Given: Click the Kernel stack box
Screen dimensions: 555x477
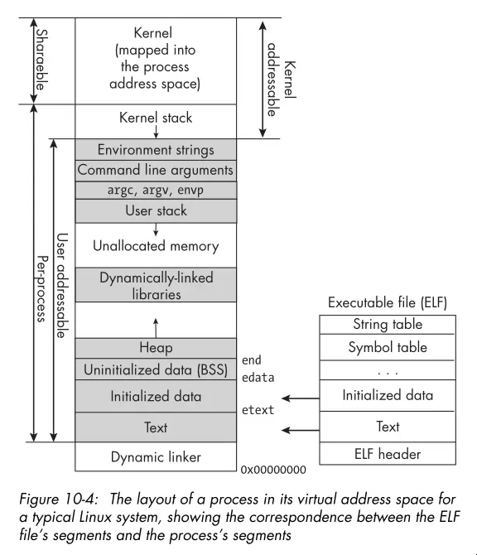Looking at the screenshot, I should (x=156, y=118).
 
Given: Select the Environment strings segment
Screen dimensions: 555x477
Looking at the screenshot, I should (x=156, y=150).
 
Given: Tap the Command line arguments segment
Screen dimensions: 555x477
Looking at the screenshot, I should (x=156, y=171).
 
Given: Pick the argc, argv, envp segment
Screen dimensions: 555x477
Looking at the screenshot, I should (x=156, y=190).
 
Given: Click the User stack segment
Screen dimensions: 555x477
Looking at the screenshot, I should (x=156, y=210).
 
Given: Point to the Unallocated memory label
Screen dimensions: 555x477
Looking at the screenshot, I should (x=156, y=246).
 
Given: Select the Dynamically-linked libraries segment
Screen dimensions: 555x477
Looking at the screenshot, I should (x=156, y=285).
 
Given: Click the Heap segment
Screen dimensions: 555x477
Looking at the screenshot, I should (x=156, y=348).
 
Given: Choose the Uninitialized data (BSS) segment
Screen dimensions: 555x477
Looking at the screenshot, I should (x=156, y=369).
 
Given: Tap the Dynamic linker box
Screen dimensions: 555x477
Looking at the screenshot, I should (x=156, y=456).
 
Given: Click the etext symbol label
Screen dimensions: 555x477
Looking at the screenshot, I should (x=258, y=409).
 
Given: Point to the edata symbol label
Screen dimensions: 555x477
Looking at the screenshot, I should (x=258, y=377).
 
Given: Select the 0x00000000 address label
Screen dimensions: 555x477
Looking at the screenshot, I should (x=273, y=470).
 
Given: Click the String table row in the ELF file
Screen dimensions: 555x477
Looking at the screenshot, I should (x=388, y=324).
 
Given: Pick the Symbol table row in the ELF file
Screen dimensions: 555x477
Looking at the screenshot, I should (x=388, y=347).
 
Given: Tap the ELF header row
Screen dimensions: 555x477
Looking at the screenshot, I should (x=388, y=453).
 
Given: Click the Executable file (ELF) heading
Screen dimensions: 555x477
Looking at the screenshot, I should (x=388, y=302).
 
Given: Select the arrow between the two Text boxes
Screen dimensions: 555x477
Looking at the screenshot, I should (x=301, y=430).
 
